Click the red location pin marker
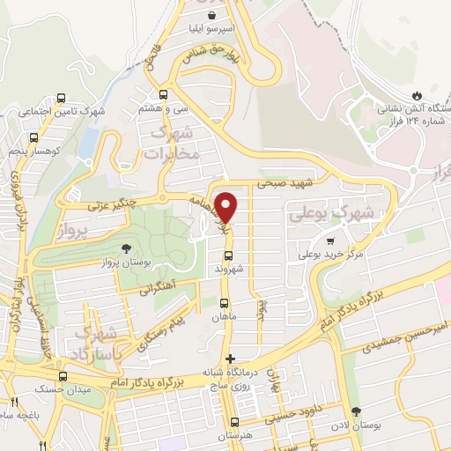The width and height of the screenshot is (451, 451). (227, 207)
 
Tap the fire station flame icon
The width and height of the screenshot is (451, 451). (417, 94)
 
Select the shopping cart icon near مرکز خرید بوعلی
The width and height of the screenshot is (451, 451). (330, 240)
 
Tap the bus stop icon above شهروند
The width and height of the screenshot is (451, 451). (228, 256)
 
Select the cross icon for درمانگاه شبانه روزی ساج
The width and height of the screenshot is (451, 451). (231, 359)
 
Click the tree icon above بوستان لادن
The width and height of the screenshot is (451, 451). (356, 411)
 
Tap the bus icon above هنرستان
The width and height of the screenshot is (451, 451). (234, 422)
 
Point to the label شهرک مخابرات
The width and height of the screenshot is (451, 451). (174, 144)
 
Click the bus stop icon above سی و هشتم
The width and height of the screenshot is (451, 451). (163, 94)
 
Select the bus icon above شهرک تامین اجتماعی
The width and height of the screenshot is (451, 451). (61, 98)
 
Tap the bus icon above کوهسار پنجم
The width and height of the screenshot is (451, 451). (33, 138)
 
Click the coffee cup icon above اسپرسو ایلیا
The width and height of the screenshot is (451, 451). (212, 15)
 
